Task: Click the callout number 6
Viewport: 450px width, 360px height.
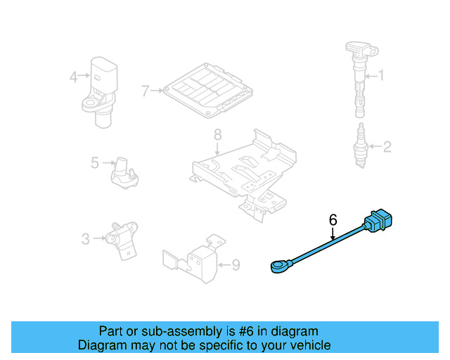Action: tap(333, 220)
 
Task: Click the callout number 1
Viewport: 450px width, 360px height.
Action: tap(382, 75)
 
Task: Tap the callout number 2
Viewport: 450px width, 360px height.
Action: tap(385, 147)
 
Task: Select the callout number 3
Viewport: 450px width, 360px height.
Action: tap(85, 239)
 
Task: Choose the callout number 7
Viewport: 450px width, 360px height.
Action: tap(145, 91)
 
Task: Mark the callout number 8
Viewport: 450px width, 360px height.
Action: tap(217, 134)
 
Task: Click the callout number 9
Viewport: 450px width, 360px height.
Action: tap(236, 265)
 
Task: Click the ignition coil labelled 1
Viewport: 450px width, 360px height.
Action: tap(358, 77)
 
